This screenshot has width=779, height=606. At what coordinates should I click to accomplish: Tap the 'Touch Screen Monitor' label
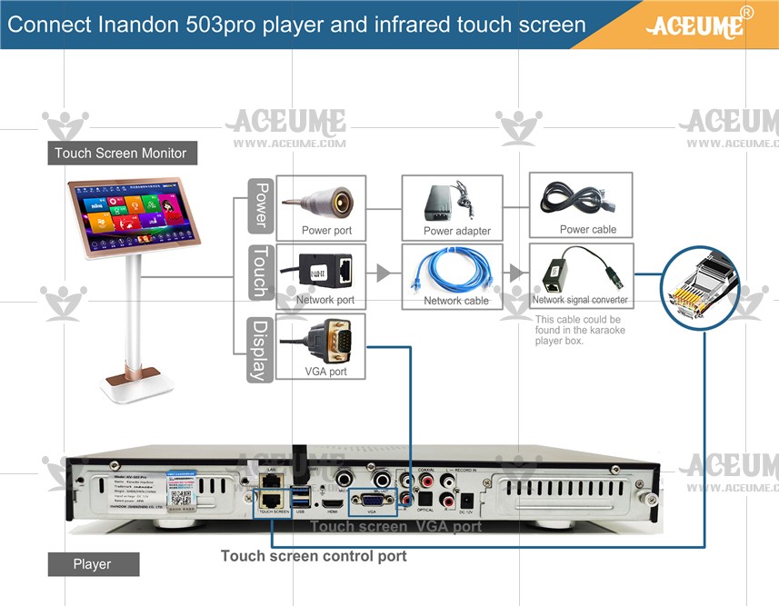coord(120,153)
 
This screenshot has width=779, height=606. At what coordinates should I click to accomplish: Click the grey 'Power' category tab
coord(260,204)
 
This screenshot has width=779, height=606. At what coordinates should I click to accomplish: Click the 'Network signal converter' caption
coord(580,300)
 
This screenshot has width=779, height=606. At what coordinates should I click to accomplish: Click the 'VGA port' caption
coord(325,372)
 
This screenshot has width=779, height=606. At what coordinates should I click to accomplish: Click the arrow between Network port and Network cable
coord(382,273)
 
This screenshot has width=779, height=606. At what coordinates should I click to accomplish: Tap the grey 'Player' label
coord(93,564)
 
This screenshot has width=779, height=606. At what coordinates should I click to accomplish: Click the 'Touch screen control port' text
coord(314,555)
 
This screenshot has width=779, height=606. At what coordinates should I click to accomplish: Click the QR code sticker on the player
coord(183,497)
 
